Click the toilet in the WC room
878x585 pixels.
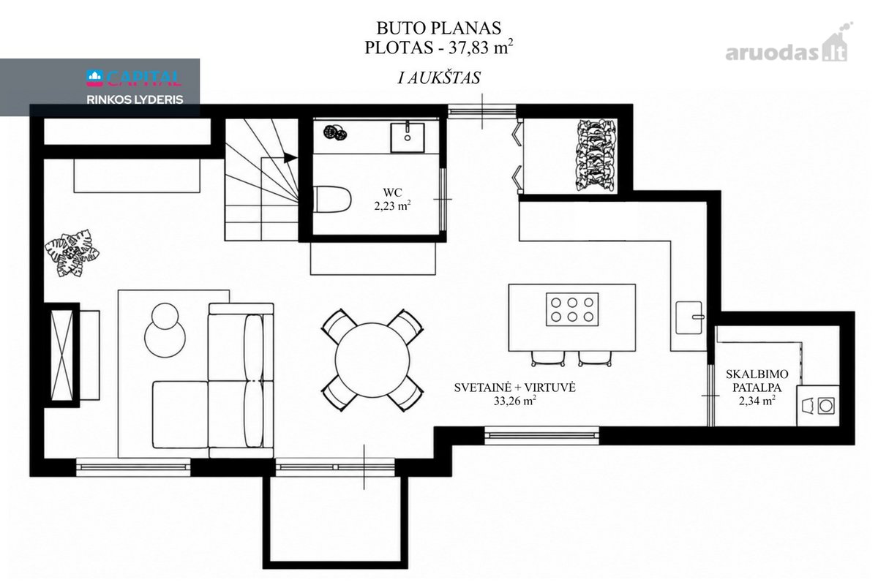(331, 199)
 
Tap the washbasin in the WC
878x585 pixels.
(408, 137)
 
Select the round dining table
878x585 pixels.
(372, 360)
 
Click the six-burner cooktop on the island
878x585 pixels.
(572, 309)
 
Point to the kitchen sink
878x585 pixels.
(689, 317)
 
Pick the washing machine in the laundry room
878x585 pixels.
(819, 406)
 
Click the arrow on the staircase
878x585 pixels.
(290, 157)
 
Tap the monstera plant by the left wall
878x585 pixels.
(72, 253)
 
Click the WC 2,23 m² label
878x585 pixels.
(392, 199)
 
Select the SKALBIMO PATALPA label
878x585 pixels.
(757, 380)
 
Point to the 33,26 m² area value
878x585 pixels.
(514, 401)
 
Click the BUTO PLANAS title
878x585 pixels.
(438, 28)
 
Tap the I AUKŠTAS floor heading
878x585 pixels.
(438, 78)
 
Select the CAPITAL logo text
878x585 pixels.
(134, 78)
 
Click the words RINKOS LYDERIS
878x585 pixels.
(135, 99)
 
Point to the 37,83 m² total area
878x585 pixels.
(481, 48)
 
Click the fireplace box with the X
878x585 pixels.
(62, 355)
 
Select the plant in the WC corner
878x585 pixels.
(335, 132)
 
